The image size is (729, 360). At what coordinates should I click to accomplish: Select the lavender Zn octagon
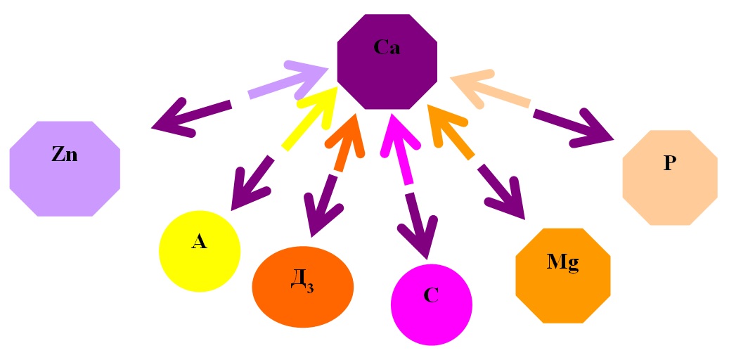pyautogui.click(x=65, y=167)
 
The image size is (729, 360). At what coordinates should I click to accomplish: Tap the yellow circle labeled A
pyautogui.click(x=200, y=250)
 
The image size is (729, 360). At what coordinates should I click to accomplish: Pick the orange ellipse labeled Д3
pyautogui.click(x=302, y=285)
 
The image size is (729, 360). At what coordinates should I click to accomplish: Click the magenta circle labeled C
pyautogui.click(x=431, y=304)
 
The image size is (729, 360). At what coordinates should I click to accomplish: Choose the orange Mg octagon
pyautogui.click(x=562, y=275)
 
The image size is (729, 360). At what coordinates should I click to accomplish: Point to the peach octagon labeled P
pyautogui.click(x=669, y=176)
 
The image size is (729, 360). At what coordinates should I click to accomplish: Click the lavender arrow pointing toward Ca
pyautogui.click(x=288, y=80)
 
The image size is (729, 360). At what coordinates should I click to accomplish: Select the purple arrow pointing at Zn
pyautogui.click(x=190, y=117)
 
